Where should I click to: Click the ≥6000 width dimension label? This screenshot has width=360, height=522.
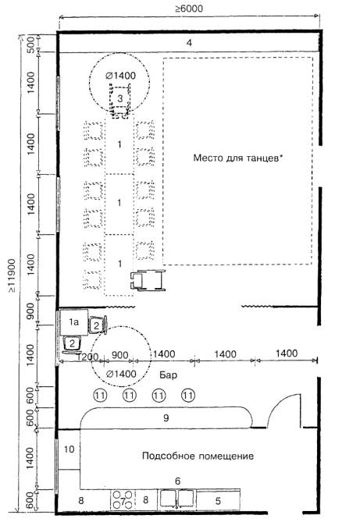point(189,9)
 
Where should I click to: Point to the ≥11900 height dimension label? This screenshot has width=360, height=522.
point(12,276)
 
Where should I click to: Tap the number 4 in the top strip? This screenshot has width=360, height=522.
point(189,43)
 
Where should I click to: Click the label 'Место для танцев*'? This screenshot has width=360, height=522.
point(238,158)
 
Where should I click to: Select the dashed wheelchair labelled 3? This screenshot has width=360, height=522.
point(120,101)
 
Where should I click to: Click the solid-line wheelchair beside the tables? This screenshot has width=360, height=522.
point(148,280)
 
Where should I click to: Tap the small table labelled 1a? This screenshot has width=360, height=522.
point(74,322)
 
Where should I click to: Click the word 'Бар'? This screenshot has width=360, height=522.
point(168,375)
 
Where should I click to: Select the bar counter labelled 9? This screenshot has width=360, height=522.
point(166,417)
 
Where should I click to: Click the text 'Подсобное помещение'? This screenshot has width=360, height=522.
point(198,456)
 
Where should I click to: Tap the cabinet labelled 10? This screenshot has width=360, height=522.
point(70,449)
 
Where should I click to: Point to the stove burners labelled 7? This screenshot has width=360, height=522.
point(123,499)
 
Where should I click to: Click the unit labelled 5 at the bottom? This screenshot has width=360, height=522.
point(218,500)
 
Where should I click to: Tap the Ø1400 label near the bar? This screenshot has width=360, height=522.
point(121,374)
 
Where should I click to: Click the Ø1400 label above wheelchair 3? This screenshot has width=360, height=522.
point(121,76)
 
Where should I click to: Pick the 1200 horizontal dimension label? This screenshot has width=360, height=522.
point(87,357)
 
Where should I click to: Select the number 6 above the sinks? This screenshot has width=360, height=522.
point(178,481)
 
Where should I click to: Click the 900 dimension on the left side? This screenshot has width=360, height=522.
point(30,311)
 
